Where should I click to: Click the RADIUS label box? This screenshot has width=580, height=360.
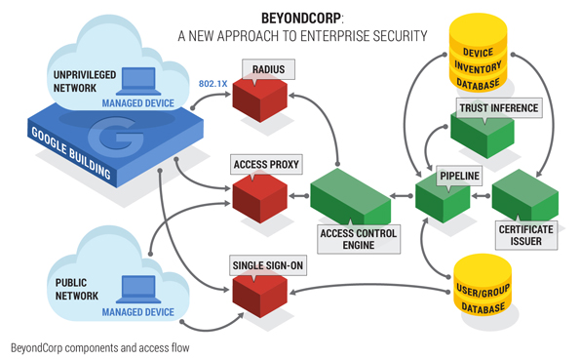[x=268, y=69]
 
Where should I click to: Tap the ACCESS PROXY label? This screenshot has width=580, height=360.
[x=266, y=165]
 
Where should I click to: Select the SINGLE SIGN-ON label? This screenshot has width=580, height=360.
[x=268, y=265]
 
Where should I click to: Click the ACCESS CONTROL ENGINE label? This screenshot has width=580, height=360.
[x=359, y=239]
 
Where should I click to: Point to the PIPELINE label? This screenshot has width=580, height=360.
[x=459, y=176]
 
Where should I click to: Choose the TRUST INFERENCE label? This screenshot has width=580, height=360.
[x=499, y=108]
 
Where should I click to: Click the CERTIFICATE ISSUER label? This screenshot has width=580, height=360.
[x=526, y=235]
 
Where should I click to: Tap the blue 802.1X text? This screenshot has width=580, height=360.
[x=213, y=84]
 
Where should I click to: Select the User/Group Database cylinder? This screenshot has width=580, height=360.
[x=483, y=285]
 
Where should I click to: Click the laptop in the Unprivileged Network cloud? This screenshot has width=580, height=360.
[x=138, y=81]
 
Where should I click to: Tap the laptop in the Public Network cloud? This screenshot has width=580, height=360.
[x=138, y=289]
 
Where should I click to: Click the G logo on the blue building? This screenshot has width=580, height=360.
[x=116, y=136]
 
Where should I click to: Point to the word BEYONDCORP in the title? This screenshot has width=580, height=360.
[x=301, y=19]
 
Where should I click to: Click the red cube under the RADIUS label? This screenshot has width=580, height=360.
[x=259, y=99]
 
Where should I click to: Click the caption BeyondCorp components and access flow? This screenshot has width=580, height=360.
[x=99, y=348]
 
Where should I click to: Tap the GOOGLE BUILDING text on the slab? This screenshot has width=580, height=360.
[x=71, y=153]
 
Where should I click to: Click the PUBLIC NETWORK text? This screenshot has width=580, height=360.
[x=77, y=289]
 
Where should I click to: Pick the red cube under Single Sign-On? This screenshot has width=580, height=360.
[x=259, y=295]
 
